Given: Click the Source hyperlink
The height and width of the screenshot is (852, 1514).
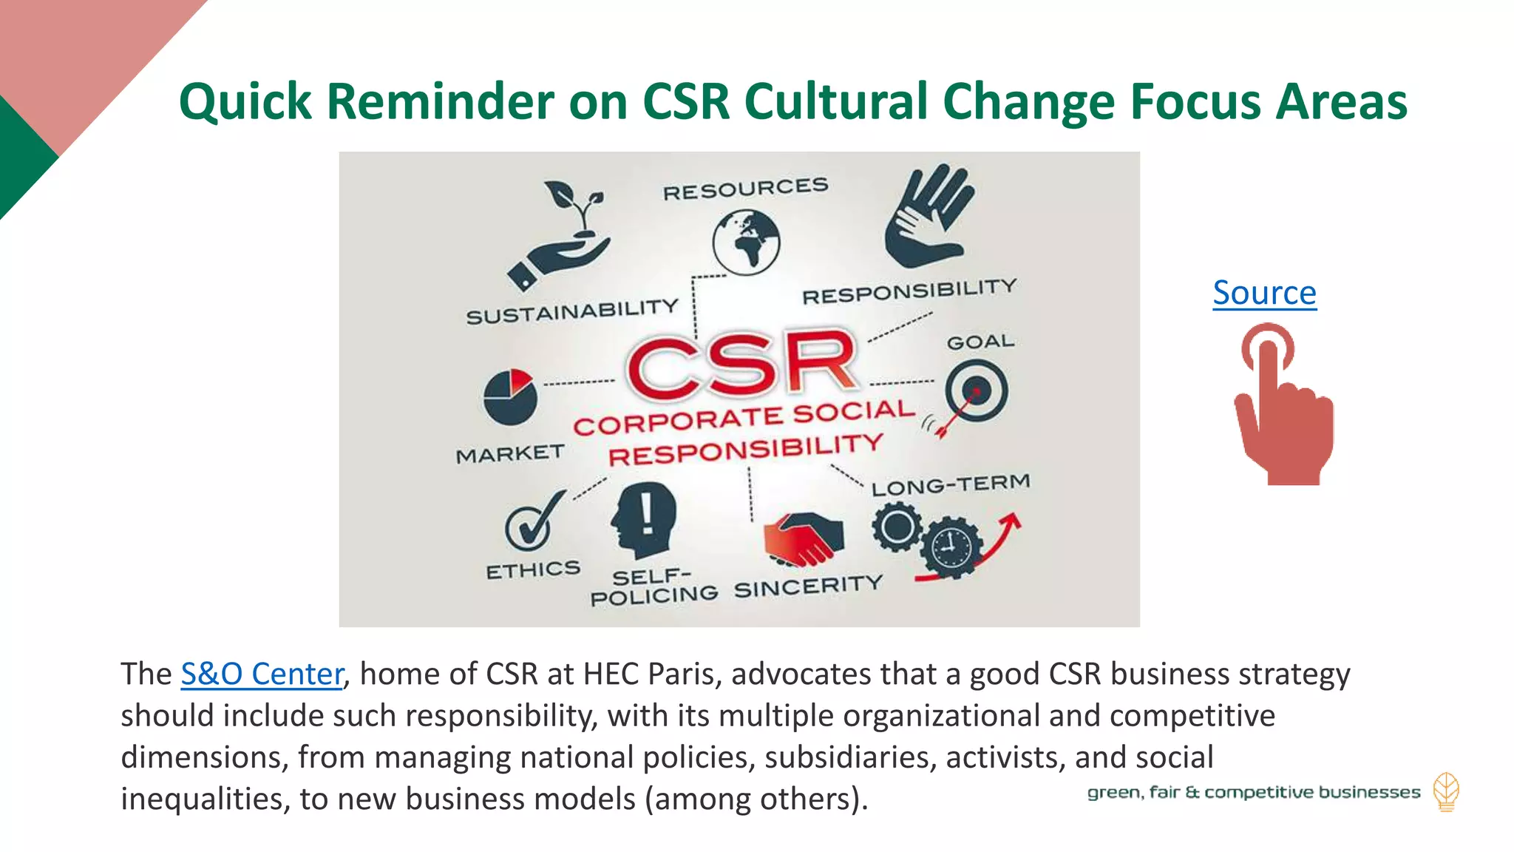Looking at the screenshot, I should point(1264,293).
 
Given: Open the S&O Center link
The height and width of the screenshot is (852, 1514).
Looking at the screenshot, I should point(262,674).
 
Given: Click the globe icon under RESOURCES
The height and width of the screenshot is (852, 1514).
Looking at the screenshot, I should point(746,243).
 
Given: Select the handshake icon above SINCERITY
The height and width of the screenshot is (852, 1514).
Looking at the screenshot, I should point(803,538).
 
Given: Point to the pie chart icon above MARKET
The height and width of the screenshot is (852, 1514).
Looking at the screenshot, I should point(509,396).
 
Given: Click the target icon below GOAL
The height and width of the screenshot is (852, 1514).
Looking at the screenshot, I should point(976,390).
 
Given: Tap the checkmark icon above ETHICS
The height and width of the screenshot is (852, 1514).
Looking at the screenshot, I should point(529,521).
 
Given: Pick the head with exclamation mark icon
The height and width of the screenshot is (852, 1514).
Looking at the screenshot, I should point(644,519).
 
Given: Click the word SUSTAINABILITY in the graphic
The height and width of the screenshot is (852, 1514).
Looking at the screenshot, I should point(572,311).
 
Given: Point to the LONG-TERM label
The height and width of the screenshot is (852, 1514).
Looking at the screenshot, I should point(951,485).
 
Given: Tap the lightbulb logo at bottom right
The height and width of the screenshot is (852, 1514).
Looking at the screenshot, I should point(1446,792).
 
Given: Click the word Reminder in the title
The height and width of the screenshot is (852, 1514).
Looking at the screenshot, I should point(441,101).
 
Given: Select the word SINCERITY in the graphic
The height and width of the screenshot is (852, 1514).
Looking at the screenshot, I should point(808,586).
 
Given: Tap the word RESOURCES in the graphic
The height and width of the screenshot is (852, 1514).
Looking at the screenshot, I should point(745,189).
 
